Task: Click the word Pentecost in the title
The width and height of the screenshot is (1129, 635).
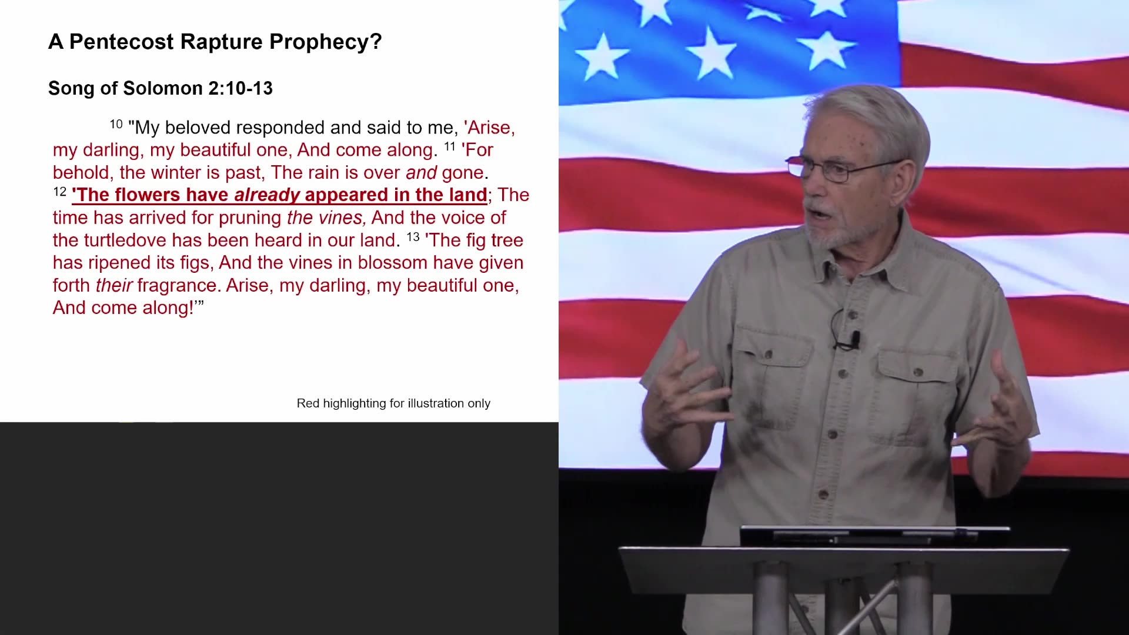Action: coord(121,42)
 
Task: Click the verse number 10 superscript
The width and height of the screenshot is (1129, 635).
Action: coord(116,124)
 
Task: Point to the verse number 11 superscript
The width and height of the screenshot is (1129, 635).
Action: coord(450,146)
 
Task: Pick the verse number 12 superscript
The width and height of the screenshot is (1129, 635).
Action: coord(59,192)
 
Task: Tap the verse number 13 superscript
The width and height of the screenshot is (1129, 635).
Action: coord(413,236)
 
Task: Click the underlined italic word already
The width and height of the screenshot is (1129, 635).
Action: coord(267,195)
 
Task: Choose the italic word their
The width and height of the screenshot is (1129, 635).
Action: coord(113,285)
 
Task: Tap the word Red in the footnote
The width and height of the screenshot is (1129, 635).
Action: coord(308,403)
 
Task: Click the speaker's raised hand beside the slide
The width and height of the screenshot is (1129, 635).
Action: coord(682,400)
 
